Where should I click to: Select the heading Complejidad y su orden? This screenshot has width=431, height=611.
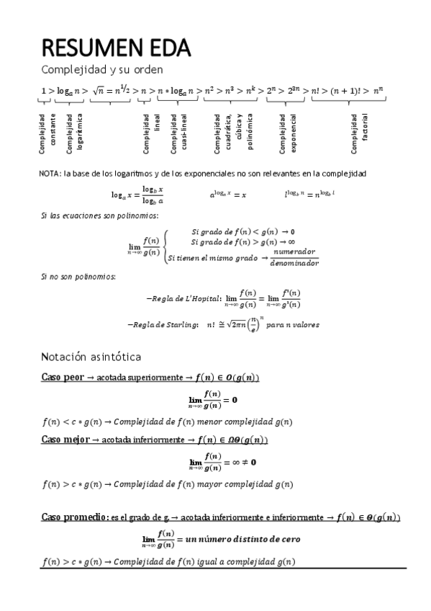tap(101, 70)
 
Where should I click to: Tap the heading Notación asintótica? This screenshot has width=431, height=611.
tap(91, 356)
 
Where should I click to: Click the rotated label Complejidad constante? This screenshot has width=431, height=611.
tap(47, 134)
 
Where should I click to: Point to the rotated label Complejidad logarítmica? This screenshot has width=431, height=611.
tap(74, 133)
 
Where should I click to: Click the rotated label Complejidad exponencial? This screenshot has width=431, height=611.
tap(288, 133)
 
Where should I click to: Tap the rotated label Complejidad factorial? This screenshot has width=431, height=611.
tap(360, 134)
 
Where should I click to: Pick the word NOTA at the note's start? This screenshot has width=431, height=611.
tap(50, 174)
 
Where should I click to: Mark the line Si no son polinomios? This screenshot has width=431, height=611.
tap(68, 277)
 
